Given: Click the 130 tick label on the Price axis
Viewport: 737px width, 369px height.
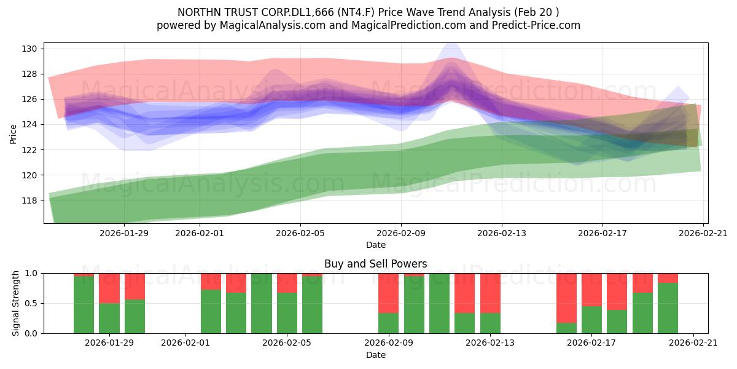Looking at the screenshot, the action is pos(29,49).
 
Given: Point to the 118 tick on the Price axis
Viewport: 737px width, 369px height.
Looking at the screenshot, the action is pos(29,200).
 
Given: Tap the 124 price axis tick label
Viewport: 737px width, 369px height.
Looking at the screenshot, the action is pos(29,124).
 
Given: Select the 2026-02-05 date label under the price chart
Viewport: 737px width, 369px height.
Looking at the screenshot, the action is pos(300,233).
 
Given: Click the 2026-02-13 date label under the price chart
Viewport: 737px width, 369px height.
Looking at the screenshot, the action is pos(502,233).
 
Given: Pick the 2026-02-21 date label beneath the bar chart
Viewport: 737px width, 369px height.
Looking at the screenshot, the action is pos(693,343).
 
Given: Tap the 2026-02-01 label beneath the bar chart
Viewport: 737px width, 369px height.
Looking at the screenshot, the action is pos(185,343).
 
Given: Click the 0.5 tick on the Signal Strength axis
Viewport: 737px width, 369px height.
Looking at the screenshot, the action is pos(31,303).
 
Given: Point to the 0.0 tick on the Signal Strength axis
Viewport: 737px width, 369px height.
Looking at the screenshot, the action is pos(31,333).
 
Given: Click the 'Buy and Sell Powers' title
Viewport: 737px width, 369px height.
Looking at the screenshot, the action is pos(376,264).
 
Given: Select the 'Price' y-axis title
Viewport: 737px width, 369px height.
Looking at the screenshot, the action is pos(13,134).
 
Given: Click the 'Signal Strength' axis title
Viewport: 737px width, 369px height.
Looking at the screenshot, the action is pos(15,303).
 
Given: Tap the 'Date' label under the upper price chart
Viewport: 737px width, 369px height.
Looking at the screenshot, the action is pos(376,245).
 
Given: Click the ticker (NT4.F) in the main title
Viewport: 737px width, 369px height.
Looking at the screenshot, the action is pos(356,12).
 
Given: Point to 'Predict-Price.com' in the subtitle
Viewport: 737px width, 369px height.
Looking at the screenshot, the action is pos(536,25).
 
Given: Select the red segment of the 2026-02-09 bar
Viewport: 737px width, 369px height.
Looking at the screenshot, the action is pos(388,293).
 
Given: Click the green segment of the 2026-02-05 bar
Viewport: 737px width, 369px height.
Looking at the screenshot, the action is pos(287,313).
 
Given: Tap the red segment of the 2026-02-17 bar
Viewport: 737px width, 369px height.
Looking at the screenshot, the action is pos(591,290).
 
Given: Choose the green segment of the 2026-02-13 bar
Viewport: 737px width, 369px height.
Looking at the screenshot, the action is pos(490,323).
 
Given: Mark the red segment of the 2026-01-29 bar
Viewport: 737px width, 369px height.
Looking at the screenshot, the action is pos(109,288).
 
